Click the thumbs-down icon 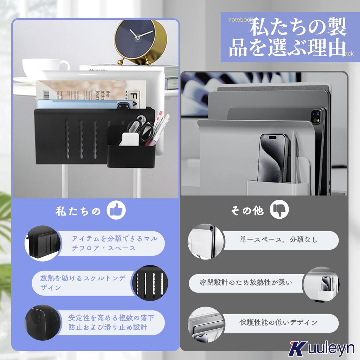click(x=279, y=210)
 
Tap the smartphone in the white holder click(x=274, y=157)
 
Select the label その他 click(x=247, y=211)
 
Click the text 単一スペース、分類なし click(x=278, y=240)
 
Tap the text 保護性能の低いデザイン click(x=278, y=322)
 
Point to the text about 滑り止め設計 click(x=111, y=323)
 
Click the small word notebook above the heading click(x=240, y=20)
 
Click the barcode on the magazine click(x=49, y=94)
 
